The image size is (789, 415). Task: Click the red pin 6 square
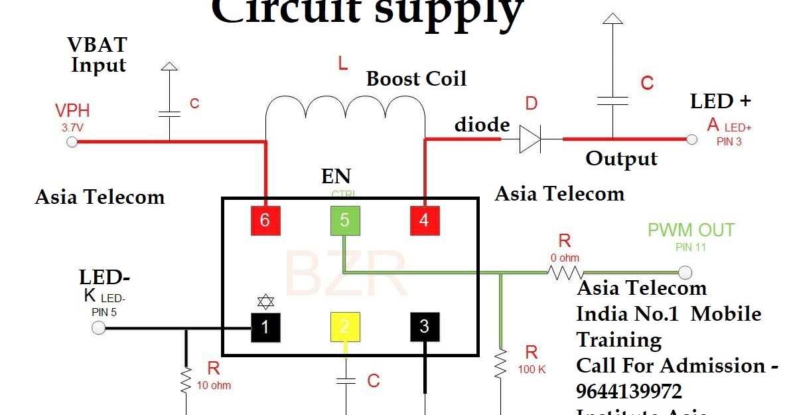(x=265, y=220)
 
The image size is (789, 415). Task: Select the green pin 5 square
(x=344, y=220)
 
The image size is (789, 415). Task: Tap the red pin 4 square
(x=424, y=220)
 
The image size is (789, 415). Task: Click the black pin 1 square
(x=265, y=327)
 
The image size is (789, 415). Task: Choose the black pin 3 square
(x=424, y=327)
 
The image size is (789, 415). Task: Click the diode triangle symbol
(x=530, y=139)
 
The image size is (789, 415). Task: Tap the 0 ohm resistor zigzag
(x=565, y=272)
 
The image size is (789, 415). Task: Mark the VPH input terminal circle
(x=72, y=141)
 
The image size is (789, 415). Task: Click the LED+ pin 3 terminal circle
(x=692, y=139)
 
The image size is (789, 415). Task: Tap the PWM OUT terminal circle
(x=685, y=272)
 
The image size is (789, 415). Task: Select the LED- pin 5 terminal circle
(x=99, y=327)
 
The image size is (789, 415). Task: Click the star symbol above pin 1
(x=265, y=303)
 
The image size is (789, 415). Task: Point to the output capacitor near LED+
(x=612, y=100)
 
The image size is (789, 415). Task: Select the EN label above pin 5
(x=336, y=176)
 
